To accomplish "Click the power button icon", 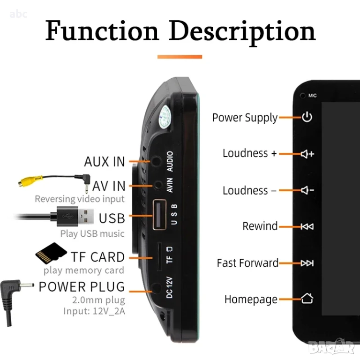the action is (x=307, y=117).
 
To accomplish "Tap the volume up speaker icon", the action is (x=307, y=154).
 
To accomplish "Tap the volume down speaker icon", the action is (x=307, y=190).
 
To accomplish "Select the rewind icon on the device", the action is (x=307, y=226).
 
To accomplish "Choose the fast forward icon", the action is (x=307, y=263).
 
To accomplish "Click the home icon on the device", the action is (x=307, y=298).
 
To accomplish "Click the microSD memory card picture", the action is (x=51, y=253).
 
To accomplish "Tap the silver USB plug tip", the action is (x=86, y=216).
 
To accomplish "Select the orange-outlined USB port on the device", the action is (x=159, y=215).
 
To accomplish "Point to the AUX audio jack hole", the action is (x=157, y=161).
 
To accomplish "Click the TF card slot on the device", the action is (x=159, y=256).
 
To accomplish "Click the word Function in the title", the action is (x=102, y=30).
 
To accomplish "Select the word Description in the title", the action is (x=242, y=33).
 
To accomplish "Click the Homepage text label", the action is (x=251, y=300).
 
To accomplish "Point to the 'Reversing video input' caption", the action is (x=80, y=199).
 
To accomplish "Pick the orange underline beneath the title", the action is (x=180, y=57).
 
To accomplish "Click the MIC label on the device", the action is (x=313, y=96).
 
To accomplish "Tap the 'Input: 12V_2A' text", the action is (x=94, y=311).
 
